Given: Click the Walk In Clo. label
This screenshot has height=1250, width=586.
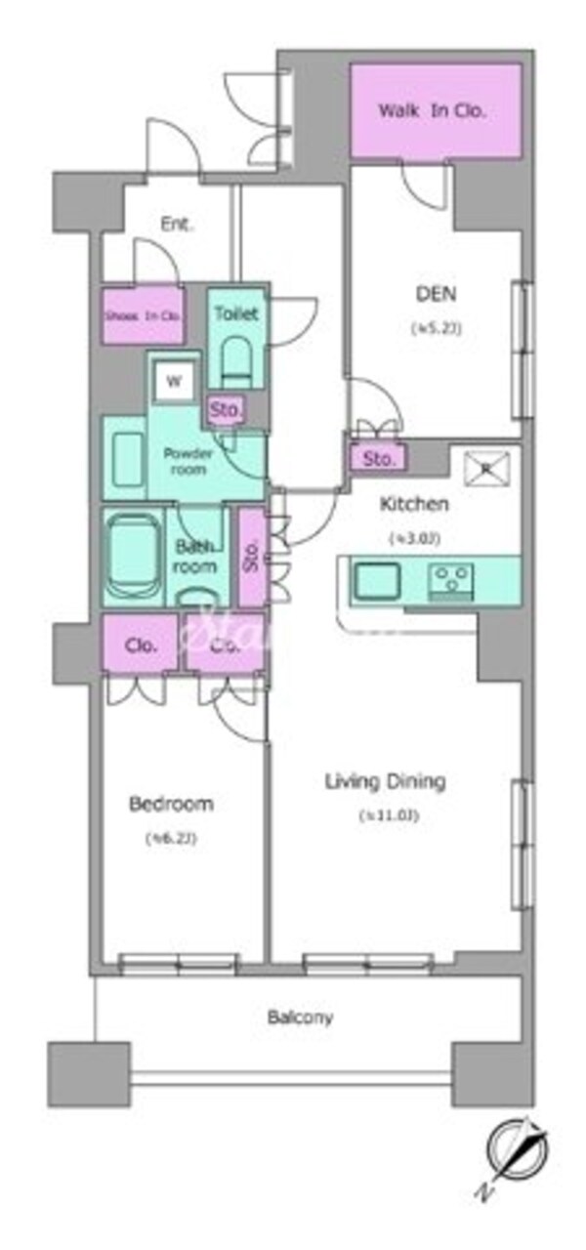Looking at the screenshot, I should (x=432, y=110).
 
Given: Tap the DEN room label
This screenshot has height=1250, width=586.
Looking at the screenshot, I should (x=436, y=294).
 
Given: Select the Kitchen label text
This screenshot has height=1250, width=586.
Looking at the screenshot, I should (x=413, y=505).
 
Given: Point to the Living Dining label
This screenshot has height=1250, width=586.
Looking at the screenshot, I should (x=385, y=781).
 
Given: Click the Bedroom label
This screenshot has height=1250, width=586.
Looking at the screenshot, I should (x=171, y=805).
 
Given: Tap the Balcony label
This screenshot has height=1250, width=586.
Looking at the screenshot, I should (x=300, y=1018).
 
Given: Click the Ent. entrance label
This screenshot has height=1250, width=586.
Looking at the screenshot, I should (x=177, y=224).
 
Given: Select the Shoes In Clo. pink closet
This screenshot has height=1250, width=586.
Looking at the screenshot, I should (x=143, y=314).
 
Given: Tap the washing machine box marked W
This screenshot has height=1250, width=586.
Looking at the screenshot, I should (x=174, y=382).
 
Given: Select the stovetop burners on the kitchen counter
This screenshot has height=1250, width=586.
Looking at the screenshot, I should (x=450, y=581).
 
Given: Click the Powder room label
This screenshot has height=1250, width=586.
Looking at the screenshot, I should (x=188, y=461).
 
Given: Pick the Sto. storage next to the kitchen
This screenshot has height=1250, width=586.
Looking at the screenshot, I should (x=379, y=458).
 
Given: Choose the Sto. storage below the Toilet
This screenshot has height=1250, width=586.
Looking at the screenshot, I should (x=226, y=411).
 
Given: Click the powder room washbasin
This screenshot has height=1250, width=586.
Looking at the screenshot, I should (x=127, y=464).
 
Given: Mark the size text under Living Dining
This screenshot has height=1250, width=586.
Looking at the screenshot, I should (x=387, y=815).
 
